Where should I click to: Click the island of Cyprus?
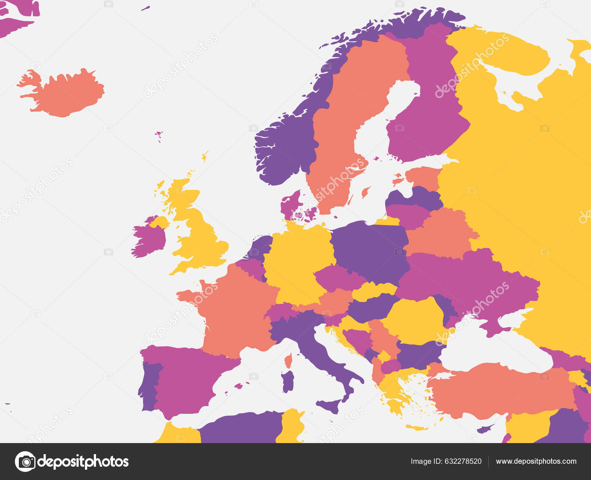[x=485, y=429]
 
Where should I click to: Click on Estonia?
[x=423, y=177]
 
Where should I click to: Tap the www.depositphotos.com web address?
[x=536, y=461]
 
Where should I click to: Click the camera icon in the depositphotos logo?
[x=25, y=462]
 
